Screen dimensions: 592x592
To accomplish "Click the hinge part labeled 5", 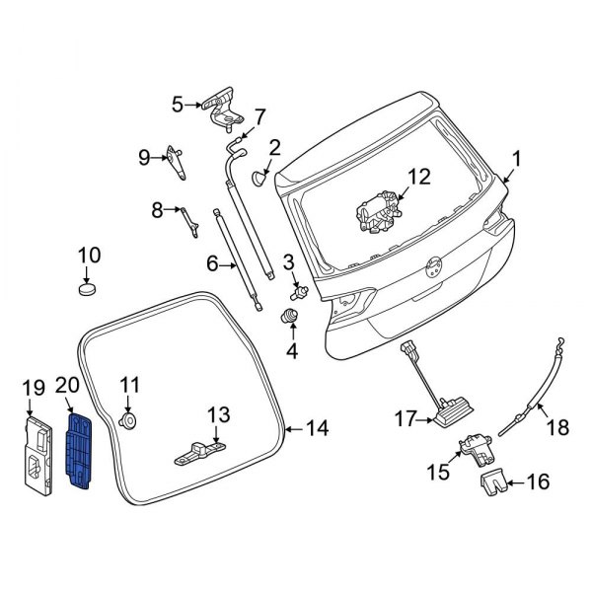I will point(219,108).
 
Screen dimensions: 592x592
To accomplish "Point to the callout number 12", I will point(419,177).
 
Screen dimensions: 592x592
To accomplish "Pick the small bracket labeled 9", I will point(179,160).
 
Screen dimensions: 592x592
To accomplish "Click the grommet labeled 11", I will point(128,420).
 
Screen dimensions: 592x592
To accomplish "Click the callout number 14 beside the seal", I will point(317,429).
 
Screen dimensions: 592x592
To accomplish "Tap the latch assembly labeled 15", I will point(479,450).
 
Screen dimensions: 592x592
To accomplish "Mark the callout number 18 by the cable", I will point(557,427).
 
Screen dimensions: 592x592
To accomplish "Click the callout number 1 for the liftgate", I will point(515,159).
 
